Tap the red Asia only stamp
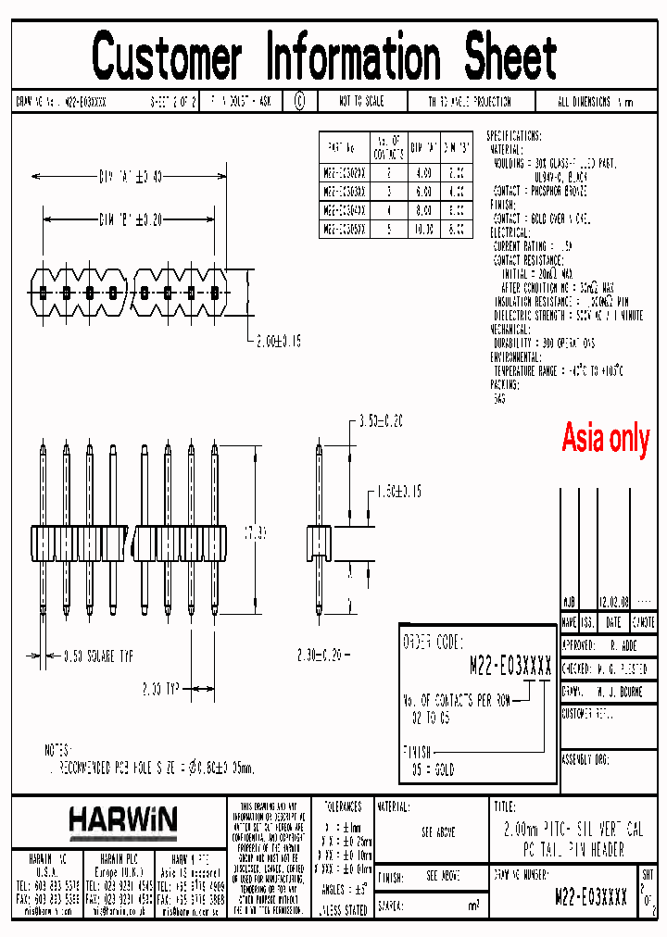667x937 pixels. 606,438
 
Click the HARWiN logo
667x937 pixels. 122,819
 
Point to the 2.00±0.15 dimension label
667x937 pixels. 292,341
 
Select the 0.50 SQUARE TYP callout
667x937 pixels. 98,656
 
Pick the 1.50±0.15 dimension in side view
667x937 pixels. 395,491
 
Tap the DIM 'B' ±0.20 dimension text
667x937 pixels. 130,219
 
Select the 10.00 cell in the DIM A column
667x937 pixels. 422,227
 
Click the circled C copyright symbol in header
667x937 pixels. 299,102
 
